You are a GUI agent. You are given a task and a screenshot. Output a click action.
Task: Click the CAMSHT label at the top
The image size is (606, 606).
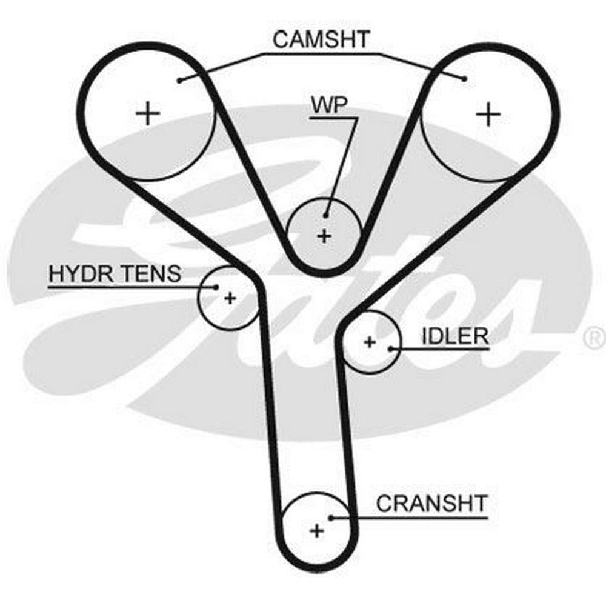pos(321,40)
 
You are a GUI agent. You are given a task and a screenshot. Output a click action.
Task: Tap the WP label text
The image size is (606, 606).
pos(329,105)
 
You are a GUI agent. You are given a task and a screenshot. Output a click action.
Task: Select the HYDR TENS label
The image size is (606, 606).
pos(115,274)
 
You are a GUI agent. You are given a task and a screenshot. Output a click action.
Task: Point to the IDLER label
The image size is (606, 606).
pos(454,336)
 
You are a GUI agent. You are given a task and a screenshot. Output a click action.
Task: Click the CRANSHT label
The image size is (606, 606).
pos(431,504)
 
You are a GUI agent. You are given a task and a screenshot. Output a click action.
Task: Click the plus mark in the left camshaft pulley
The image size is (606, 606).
pos(147,113)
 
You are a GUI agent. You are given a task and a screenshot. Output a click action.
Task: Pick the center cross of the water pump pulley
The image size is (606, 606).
pos(325,235)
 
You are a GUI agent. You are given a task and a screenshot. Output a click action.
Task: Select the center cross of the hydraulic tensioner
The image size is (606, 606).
pos(230,298)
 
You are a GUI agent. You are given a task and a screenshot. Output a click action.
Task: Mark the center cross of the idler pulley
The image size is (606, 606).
pos(370,342)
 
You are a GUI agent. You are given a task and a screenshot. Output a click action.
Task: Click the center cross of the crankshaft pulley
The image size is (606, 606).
pos(316,531)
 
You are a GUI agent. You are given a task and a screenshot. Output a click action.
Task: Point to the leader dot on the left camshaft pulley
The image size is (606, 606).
pos(180,80)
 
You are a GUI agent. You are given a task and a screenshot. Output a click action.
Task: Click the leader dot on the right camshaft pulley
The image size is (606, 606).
pos(464,78)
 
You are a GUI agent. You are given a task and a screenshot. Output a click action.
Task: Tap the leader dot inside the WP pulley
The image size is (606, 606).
pos(326,215)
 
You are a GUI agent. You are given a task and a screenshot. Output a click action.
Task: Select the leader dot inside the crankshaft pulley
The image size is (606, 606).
pos(331,518)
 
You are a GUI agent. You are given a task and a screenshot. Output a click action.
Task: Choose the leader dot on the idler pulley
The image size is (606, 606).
pos(391,348)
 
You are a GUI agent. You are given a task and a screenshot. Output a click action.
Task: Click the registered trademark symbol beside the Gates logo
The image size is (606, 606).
pos(594,338)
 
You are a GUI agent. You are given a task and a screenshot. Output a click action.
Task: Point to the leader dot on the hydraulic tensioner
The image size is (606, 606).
pos(216,287)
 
